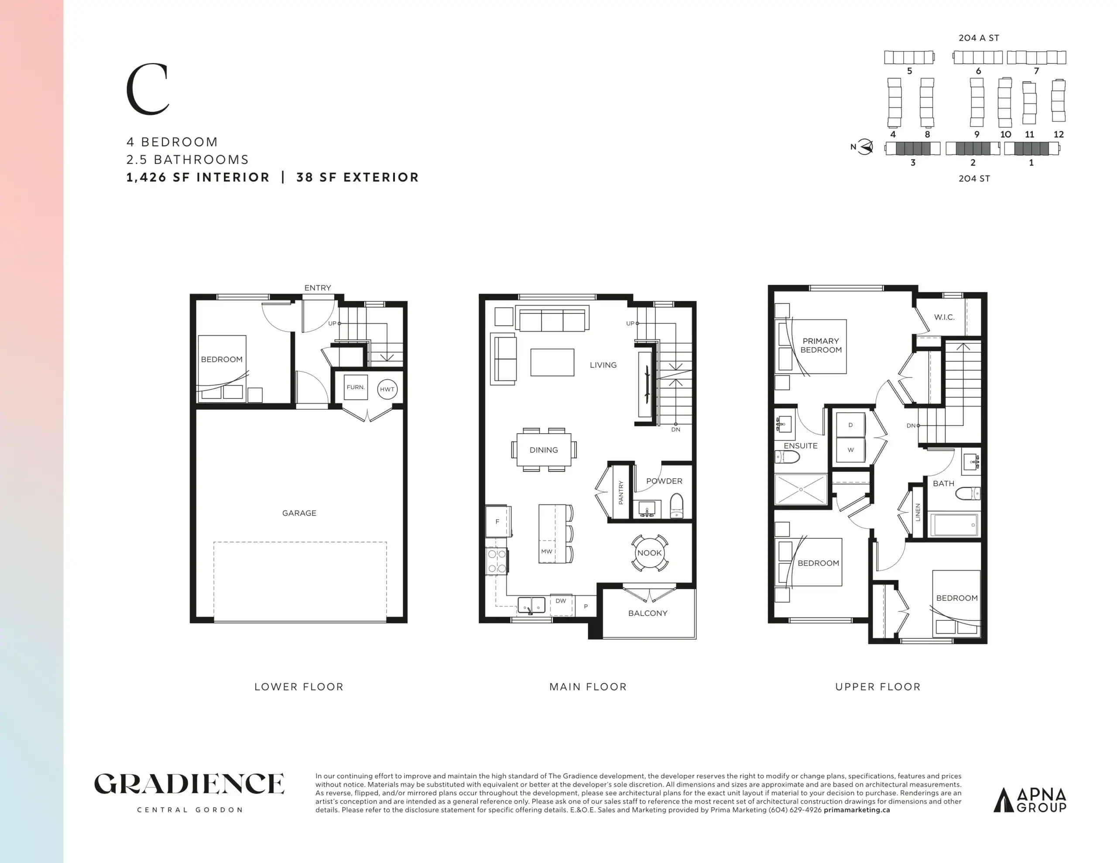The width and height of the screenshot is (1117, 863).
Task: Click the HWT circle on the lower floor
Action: point(387,389)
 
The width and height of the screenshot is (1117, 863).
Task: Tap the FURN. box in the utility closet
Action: point(356,387)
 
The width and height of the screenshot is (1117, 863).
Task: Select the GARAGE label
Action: point(299,513)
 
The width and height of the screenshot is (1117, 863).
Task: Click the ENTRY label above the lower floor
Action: point(318,288)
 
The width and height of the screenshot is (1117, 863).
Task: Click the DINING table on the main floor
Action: point(544,450)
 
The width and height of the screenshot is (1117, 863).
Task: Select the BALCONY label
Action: point(648,613)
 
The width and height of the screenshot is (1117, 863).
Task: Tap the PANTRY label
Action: point(621,492)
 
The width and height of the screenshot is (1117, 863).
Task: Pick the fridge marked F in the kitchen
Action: point(498,521)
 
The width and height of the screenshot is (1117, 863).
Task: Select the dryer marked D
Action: point(850,425)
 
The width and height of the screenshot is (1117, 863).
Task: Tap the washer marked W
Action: point(850,450)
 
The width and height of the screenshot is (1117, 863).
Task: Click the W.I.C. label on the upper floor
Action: point(944,317)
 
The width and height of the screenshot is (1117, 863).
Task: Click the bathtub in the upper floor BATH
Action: point(954,525)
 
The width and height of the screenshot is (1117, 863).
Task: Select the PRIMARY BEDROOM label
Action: point(821,345)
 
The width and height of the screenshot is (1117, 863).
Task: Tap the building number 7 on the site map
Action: point(1037,71)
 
